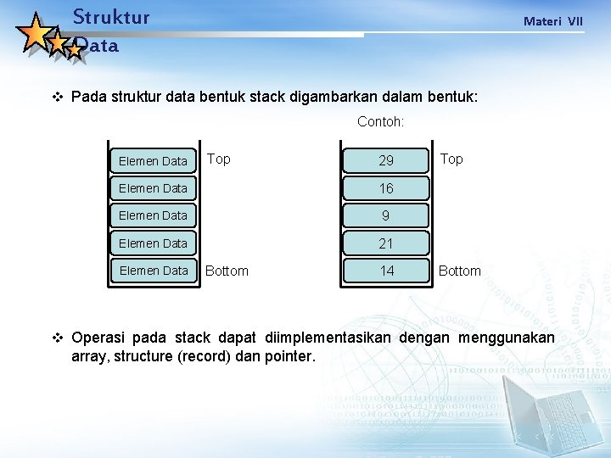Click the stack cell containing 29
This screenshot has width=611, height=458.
(x=386, y=160)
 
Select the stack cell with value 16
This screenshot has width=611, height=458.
(x=386, y=188)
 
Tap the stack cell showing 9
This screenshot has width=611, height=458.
(x=386, y=215)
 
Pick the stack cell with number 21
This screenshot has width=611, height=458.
(x=386, y=243)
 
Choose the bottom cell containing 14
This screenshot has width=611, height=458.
(x=386, y=271)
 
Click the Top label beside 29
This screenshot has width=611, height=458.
(x=451, y=159)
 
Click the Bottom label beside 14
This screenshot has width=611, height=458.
(x=459, y=271)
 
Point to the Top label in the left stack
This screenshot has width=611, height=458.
(x=219, y=159)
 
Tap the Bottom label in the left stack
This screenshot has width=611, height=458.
(x=227, y=271)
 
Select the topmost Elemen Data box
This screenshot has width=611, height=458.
(x=153, y=160)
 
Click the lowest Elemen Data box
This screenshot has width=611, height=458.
(x=153, y=271)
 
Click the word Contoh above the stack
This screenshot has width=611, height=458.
(x=380, y=122)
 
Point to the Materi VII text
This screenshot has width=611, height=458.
(x=553, y=21)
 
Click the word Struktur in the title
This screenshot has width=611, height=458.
(x=111, y=17)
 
